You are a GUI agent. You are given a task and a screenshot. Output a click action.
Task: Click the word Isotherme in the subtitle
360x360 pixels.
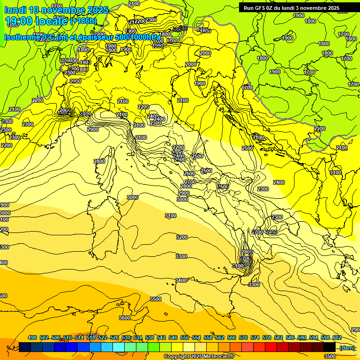pos(22,37)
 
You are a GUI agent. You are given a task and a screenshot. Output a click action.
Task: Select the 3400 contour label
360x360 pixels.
pos(181,280)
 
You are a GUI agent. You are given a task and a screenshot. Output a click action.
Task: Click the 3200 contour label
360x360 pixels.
pos(181,237)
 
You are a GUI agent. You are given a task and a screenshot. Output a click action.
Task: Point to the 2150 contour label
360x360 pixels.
pos(134,4)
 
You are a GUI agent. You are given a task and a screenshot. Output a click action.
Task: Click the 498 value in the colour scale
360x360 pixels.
pos(32,337)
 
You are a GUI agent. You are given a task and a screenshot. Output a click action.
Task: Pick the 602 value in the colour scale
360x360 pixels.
pos(337,337)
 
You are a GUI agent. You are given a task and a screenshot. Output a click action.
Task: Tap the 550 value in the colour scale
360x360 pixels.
pos(184,337)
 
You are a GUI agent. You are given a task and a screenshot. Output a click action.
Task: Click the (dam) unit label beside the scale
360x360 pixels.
pos(347,347)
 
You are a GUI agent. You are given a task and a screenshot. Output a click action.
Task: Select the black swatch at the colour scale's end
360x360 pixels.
pos(330,347)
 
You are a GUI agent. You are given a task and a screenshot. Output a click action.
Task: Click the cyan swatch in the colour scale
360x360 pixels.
pos(119,347)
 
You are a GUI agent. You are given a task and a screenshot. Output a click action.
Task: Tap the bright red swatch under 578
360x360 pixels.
pos(271,347)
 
